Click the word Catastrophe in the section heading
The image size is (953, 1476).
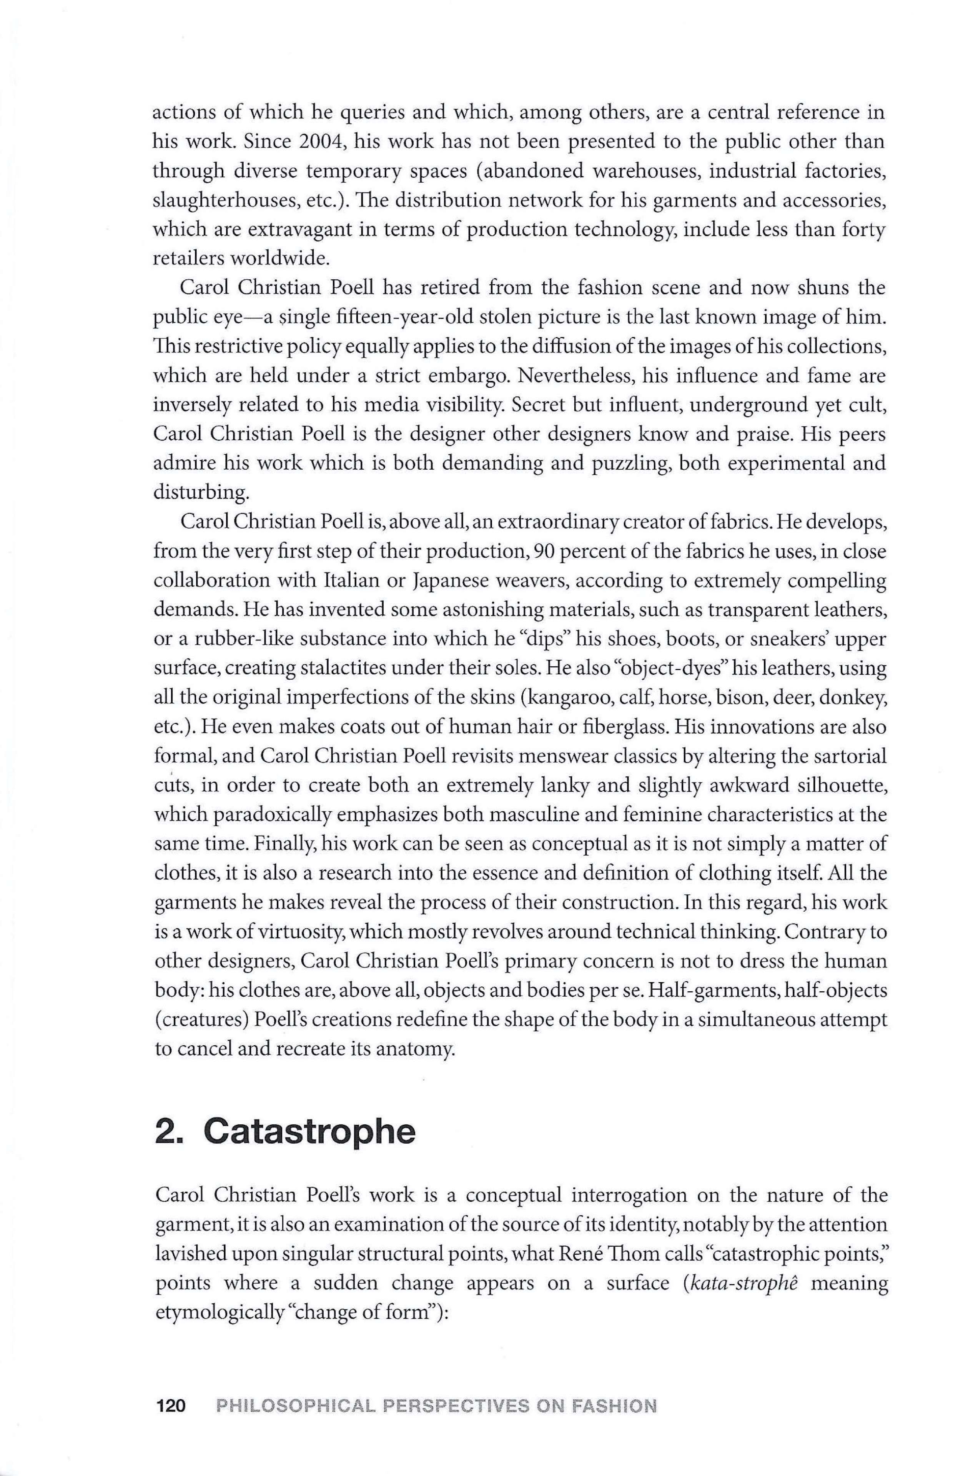pos(309,1132)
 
